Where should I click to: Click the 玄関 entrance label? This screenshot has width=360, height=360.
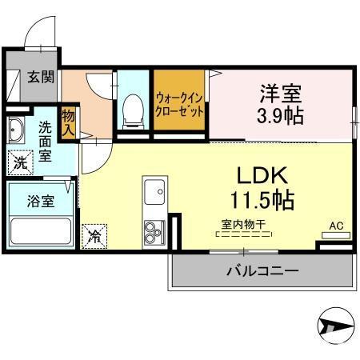[30, 78]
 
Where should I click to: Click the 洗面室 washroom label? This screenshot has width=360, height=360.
[45, 141]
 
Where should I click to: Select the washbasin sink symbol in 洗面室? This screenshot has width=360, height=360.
[15, 129]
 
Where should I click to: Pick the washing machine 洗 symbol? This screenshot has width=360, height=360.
[16, 162]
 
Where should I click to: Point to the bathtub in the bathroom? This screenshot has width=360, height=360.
[40, 232]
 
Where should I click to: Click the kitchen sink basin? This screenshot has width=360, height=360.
[153, 192]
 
